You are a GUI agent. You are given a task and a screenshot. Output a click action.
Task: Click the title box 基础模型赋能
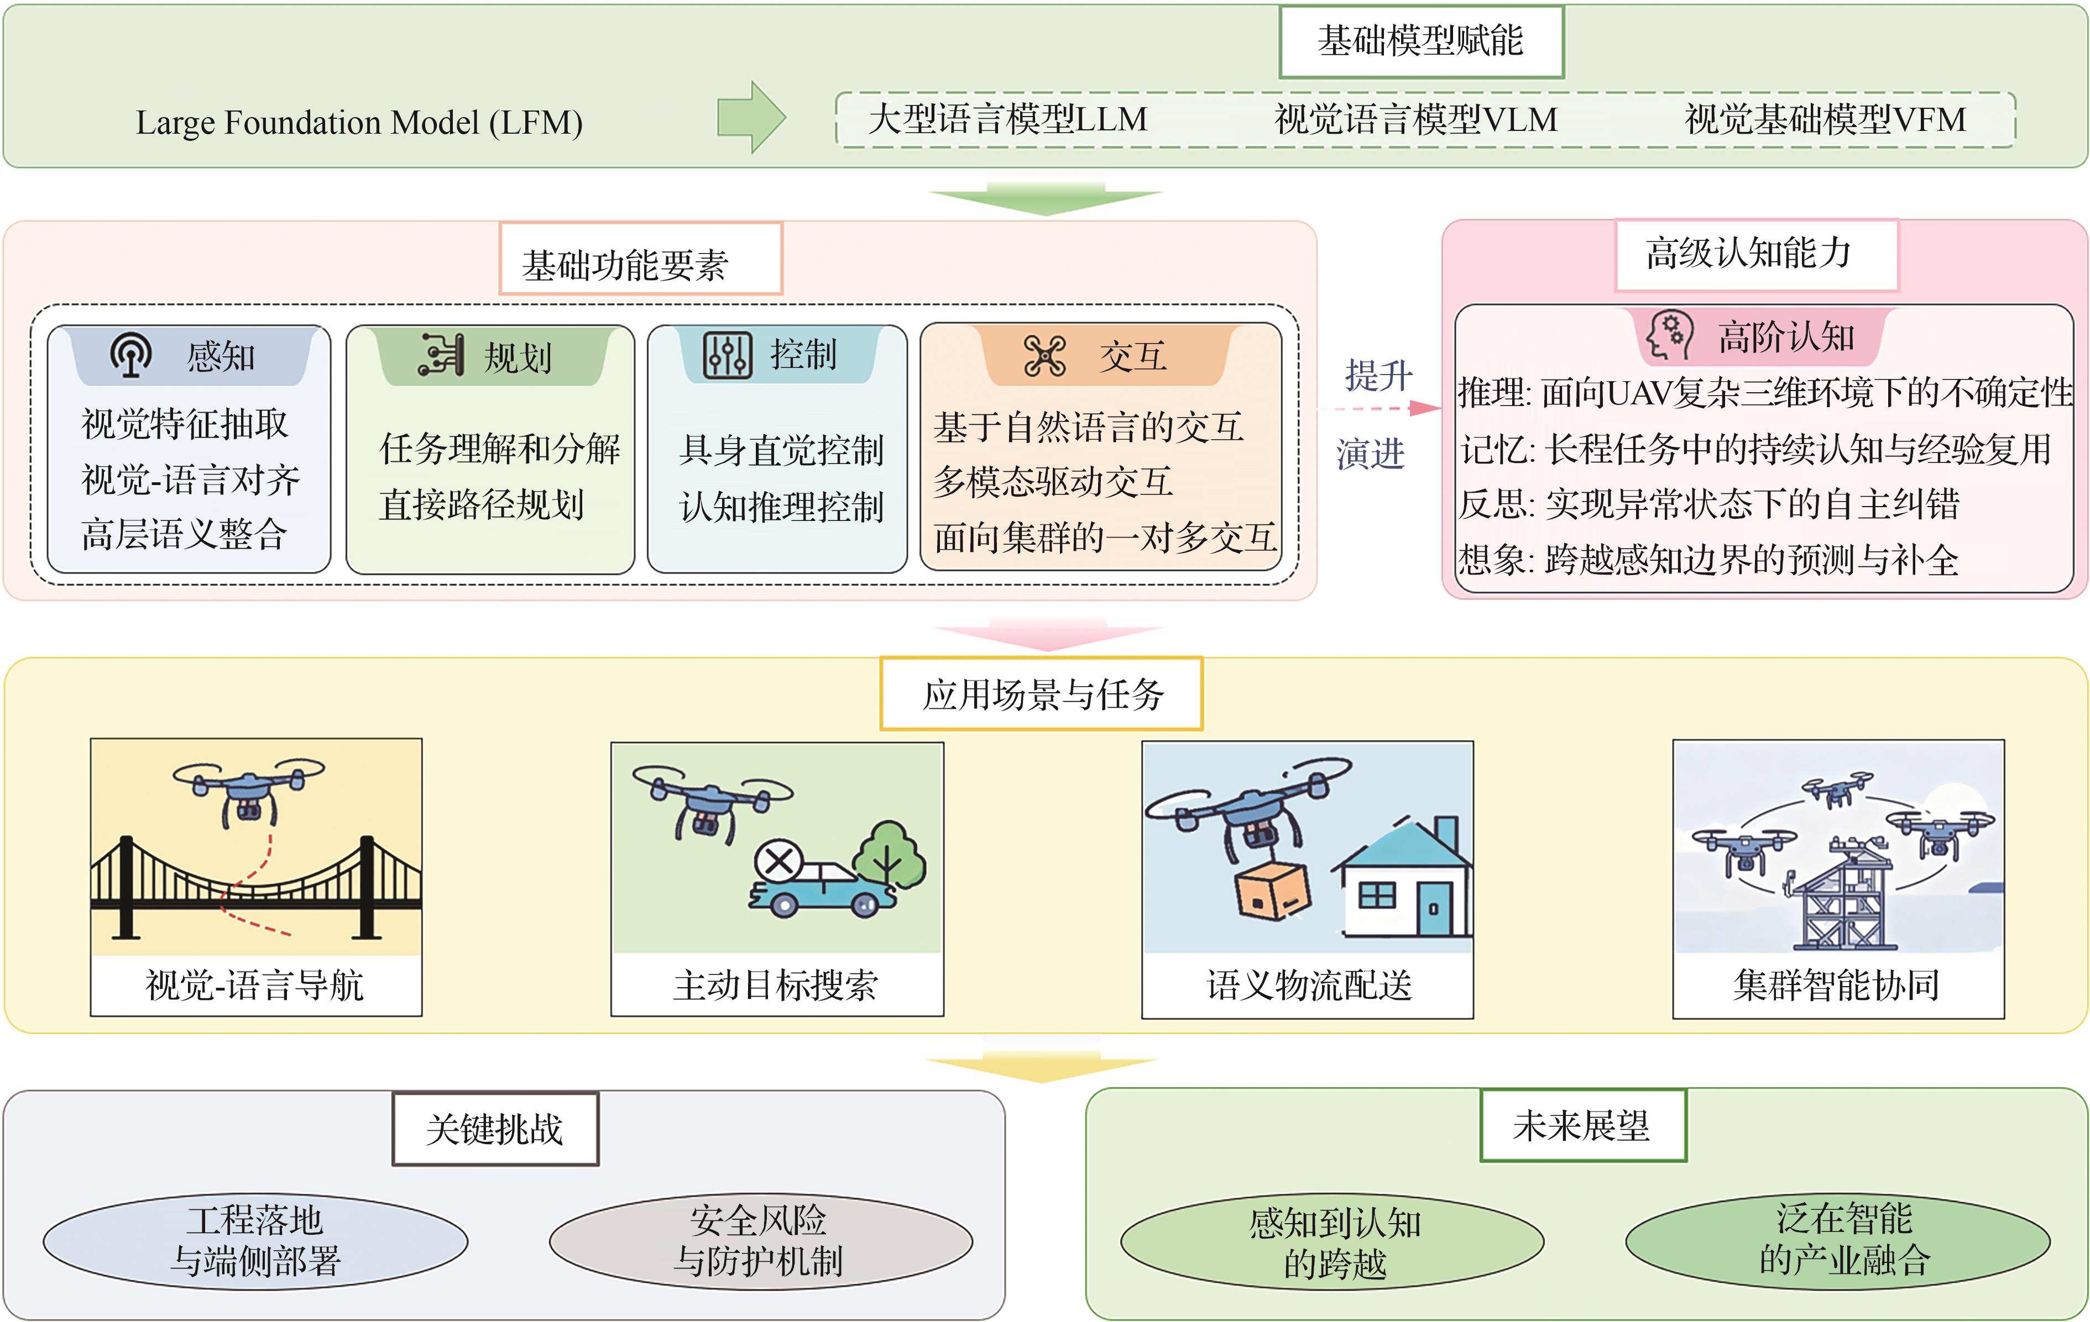coord(1421,41)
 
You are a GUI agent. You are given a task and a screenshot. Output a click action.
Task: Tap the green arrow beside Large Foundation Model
coord(751,117)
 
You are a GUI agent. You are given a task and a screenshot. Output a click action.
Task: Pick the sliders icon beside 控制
coord(727,355)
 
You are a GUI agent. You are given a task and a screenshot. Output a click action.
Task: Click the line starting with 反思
coord(1708,504)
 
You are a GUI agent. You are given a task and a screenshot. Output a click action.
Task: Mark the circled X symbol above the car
coord(778,862)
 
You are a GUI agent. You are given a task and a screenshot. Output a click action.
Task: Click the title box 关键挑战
coord(495,1129)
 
